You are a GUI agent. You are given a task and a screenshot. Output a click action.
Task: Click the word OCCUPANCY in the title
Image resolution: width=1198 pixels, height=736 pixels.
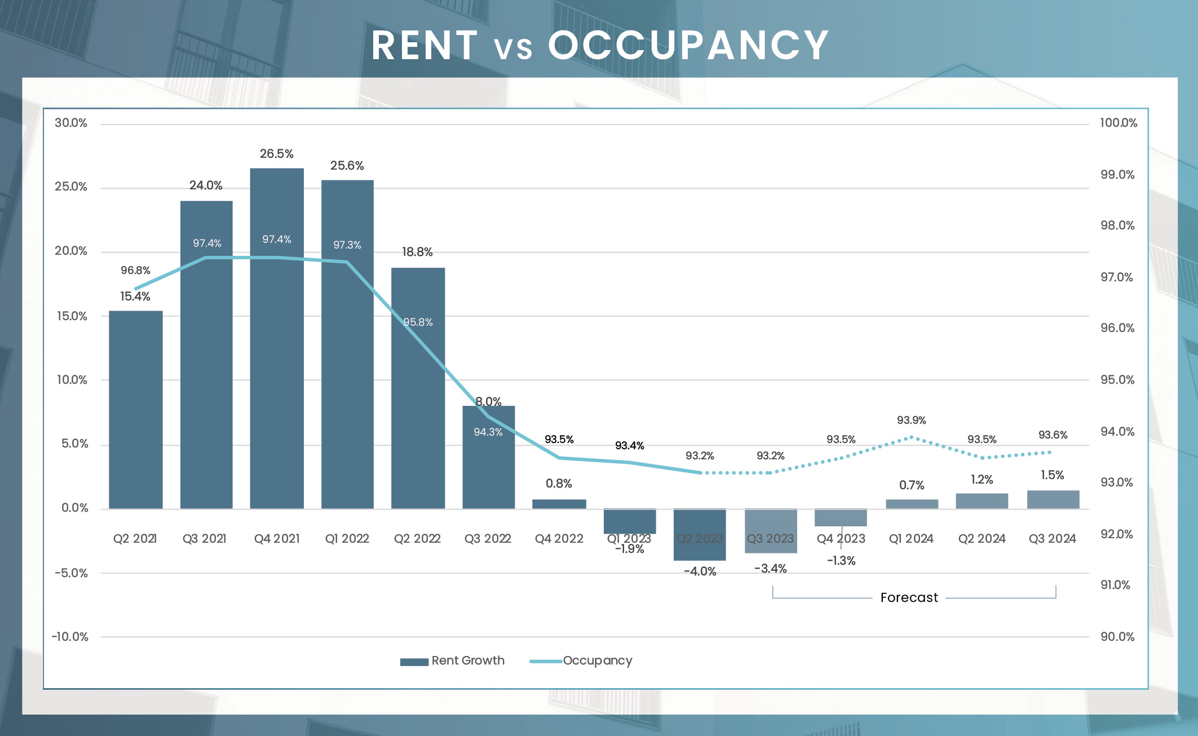[688, 45]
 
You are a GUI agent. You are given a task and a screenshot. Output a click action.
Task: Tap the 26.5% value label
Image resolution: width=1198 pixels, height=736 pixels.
[276, 154]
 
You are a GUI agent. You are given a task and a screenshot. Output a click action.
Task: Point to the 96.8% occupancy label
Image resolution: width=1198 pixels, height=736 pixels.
[135, 271]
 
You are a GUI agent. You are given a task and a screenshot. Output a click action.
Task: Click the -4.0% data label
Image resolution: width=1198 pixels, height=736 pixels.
[700, 571]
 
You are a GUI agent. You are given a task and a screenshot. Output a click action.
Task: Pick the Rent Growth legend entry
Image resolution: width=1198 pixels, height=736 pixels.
[452, 660]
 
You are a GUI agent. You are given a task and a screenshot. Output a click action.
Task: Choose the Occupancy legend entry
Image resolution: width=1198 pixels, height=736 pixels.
[581, 660]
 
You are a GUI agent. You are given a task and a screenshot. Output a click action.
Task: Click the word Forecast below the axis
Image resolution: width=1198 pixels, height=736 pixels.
[909, 597]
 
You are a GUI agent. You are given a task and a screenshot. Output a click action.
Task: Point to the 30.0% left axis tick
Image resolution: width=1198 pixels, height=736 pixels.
[71, 123]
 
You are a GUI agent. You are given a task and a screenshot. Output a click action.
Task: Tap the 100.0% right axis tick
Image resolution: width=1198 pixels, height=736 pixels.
[1118, 123]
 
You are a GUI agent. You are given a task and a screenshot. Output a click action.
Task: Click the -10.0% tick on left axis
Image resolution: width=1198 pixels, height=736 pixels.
[70, 637]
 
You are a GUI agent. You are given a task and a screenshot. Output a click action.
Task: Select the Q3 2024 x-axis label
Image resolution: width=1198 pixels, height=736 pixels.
[1052, 539]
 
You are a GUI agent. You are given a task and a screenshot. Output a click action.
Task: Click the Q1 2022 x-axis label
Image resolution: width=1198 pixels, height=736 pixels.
[347, 539]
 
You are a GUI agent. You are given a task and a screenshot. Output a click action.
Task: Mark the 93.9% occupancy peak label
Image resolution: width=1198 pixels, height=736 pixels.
[911, 420]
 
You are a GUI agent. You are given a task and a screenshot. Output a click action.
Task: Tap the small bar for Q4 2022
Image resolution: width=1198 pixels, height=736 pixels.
[559, 504]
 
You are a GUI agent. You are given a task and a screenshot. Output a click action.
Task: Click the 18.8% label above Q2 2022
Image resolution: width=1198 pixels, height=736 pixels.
[417, 252]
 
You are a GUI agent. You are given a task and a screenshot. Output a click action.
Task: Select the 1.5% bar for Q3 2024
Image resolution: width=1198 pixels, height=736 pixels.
[1053, 500]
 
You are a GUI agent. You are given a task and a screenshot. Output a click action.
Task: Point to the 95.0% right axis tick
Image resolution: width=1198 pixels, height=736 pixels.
[1117, 380]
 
